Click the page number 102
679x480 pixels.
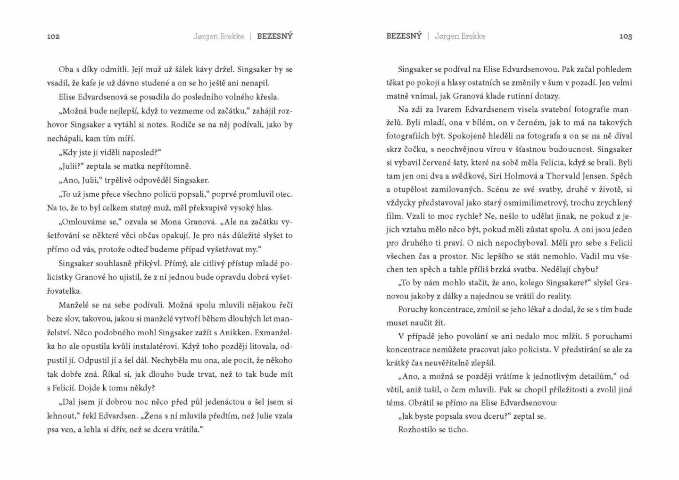pyautogui.click(x=53, y=36)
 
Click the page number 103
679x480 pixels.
pyautogui.click(x=625, y=36)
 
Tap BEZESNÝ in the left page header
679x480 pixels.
pyautogui.click(x=274, y=36)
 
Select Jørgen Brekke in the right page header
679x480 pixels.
pyautogui.click(x=460, y=36)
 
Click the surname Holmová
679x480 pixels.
pyautogui.click(x=510, y=176)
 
